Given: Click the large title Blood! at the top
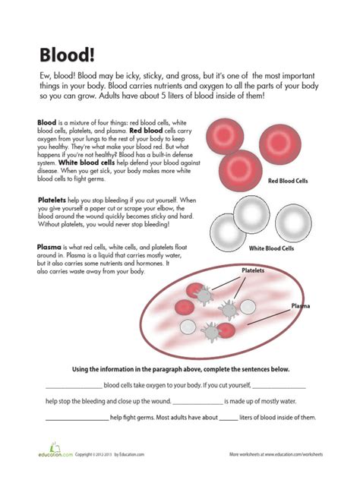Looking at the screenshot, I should click(x=66, y=55).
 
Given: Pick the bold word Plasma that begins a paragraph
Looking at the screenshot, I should click(x=49, y=247).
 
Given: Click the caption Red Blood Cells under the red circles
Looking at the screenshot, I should click(x=287, y=181).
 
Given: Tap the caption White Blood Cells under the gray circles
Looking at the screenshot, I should click(x=270, y=248).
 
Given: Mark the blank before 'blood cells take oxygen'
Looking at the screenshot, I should click(x=73, y=386).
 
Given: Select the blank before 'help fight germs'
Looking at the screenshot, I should click(x=77, y=418).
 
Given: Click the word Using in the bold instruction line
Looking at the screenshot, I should click(x=81, y=369).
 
